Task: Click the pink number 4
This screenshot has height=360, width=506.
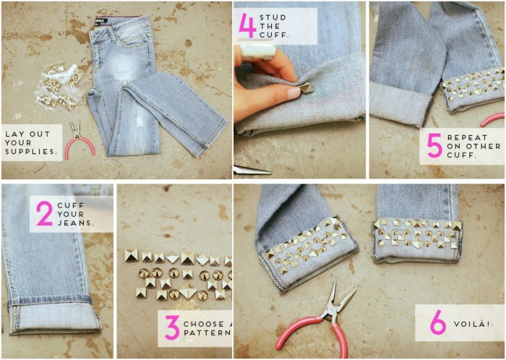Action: pos(247,26)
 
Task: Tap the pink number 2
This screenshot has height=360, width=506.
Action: pos(45,213)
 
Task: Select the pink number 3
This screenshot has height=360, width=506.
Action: pos(172,327)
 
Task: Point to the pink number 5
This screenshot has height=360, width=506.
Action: pos(434,145)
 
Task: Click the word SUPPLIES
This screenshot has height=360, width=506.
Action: pos(31,151)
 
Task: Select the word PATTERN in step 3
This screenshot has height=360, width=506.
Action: pos(207,333)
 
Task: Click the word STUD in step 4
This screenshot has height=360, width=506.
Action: pos(273,17)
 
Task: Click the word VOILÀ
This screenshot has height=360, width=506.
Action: pos(471,324)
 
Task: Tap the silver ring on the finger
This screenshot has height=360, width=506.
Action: pos(258,49)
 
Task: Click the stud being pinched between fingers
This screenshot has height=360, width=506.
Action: pos(306,87)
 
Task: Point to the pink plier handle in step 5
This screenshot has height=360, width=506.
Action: pos(492,120)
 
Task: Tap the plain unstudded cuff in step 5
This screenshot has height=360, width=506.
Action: pos(400,103)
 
